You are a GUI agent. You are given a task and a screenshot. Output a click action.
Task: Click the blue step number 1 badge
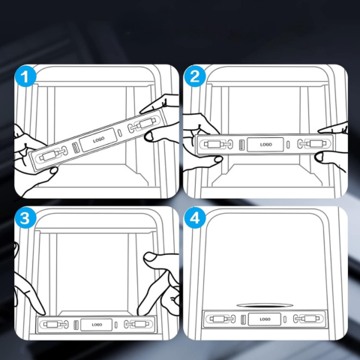pyautogui.click(x=25, y=76)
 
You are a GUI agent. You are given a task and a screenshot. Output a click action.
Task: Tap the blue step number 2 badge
pyautogui.click(x=195, y=76)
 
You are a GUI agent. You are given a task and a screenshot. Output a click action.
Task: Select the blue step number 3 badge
pyautogui.click(x=25, y=218)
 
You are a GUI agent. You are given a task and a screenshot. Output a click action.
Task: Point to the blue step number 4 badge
pyautogui.click(x=195, y=218)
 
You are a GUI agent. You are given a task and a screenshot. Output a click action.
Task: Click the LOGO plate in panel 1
pyautogui.click(x=98, y=140)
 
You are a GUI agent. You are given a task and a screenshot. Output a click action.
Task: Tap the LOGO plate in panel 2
pyautogui.click(x=265, y=145)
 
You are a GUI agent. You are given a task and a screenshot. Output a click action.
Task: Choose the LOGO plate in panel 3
pyautogui.click(x=97, y=325)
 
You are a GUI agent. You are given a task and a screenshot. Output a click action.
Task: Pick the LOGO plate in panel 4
pyautogui.click(x=265, y=319)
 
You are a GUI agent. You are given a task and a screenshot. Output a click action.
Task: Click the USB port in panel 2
pyautogui.click(x=241, y=145)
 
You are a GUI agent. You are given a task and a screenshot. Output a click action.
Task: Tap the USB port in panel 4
pyautogui.click(x=243, y=319)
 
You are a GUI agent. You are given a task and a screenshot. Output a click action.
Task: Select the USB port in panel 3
pyautogui.click(x=76, y=325)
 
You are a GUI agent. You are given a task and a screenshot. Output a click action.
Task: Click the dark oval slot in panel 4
pyautogui.click(x=264, y=305)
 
